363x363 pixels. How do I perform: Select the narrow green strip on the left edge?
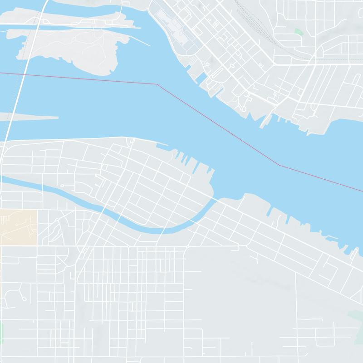[x=1, y=333]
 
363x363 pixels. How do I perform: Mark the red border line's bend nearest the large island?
[x=157, y=84]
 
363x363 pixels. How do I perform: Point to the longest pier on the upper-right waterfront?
[x=263, y=120]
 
